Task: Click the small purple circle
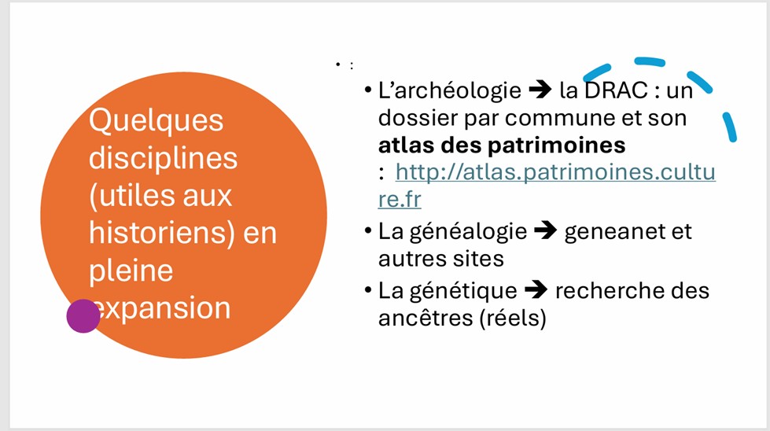(x=83, y=316)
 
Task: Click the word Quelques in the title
(x=157, y=121)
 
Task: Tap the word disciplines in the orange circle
(x=163, y=158)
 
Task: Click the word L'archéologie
(x=450, y=90)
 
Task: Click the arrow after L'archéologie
(x=540, y=90)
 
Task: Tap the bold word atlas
(x=406, y=145)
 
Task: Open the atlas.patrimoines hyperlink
(x=547, y=185)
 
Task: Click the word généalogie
(x=468, y=232)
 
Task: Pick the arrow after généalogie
(x=546, y=230)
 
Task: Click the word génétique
(x=463, y=291)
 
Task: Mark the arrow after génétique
(x=536, y=289)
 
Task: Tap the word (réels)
(x=513, y=318)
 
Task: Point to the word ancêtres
(x=426, y=318)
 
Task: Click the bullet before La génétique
(x=368, y=290)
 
